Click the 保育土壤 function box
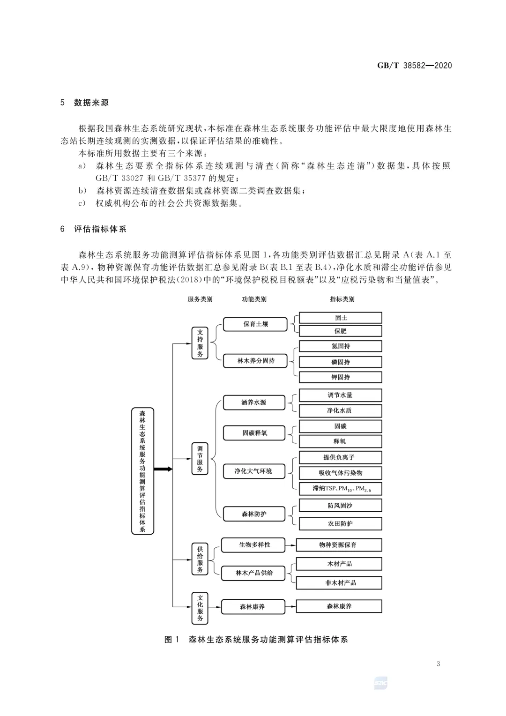pyautogui.click(x=255, y=324)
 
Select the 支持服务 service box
pyautogui.click(x=200, y=343)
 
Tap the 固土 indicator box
pyautogui.click(x=341, y=318)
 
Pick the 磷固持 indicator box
pyautogui.click(x=341, y=362)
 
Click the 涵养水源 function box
pyautogui.click(x=254, y=403)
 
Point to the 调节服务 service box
pyautogui.click(x=200, y=459)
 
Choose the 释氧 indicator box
pyautogui.click(x=341, y=441)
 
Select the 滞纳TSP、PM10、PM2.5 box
pyautogui.click(x=341, y=489)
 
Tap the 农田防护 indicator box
pyautogui.click(x=341, y=523)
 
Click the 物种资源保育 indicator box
pyautogui.click(x=339, y=545)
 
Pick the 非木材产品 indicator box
pyautogui.click(x=339, y=583)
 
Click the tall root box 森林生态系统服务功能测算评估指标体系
pyautogui.click(x=142, y=471)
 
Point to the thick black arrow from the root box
pyautogui.click(x=163, y=469)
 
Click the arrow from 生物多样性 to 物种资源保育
pyautogui.click(x=290, y=545)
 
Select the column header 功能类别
pyautogui.click(x=254, y=299)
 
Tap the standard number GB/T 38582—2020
pyautogui.click(x=415, y=66)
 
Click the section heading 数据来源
pyautogui.click(x=91, y=103)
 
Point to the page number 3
pyautogui.click(x=438, y=664)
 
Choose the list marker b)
pyautogui.click(x=82, y=191)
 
